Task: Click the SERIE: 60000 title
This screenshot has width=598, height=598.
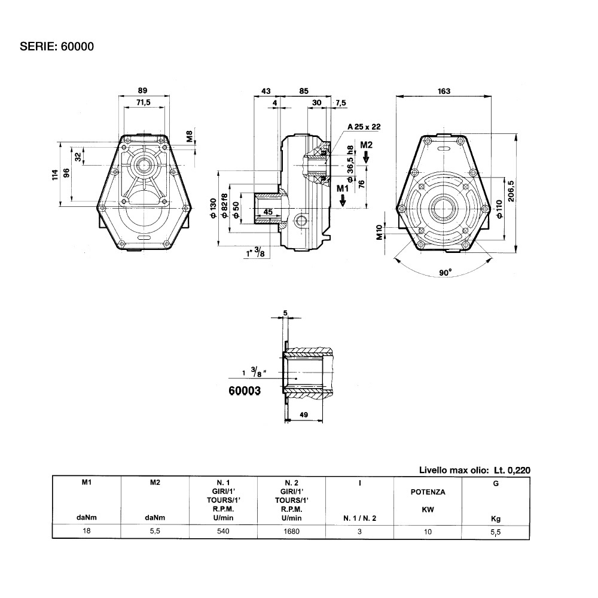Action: [57, 47]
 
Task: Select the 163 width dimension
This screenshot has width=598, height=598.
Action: [444, 91]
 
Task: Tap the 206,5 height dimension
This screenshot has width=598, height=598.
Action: [511, 191]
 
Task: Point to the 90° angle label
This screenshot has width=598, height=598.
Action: [445, 272]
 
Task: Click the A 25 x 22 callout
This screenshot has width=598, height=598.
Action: [364, 127]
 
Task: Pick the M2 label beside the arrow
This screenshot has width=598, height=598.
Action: [366, 145]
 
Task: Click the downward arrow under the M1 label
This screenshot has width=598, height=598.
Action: [343, 200]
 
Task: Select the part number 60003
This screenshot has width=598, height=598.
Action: [245, 390]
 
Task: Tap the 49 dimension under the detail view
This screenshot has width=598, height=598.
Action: [304, 414]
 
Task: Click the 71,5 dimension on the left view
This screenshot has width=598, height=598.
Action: [144, 102]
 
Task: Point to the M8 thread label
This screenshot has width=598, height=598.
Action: [190, 136]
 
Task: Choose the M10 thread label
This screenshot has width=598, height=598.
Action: [379, 232]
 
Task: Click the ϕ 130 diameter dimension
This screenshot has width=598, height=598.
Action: [213, 208]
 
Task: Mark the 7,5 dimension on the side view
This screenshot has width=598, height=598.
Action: [341, 103]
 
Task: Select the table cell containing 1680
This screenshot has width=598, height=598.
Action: [291, 531]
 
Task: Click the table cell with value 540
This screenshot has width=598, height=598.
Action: [223, 531]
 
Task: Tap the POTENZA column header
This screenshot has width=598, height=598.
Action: [428, 492]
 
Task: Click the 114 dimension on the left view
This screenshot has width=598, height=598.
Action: [55, 175]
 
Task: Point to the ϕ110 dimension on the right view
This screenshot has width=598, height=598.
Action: [499, 209]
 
